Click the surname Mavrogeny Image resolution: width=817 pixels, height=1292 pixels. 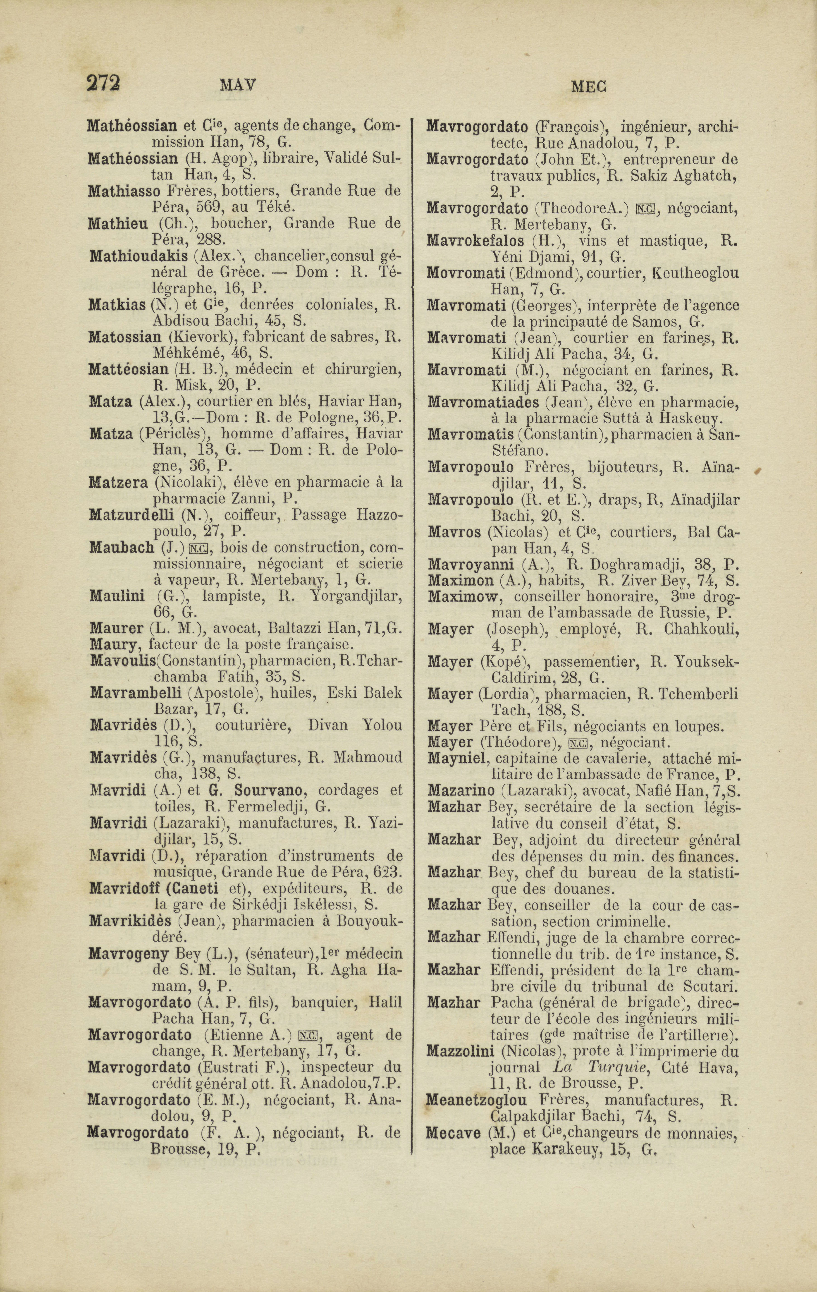(x=129, y=954)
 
